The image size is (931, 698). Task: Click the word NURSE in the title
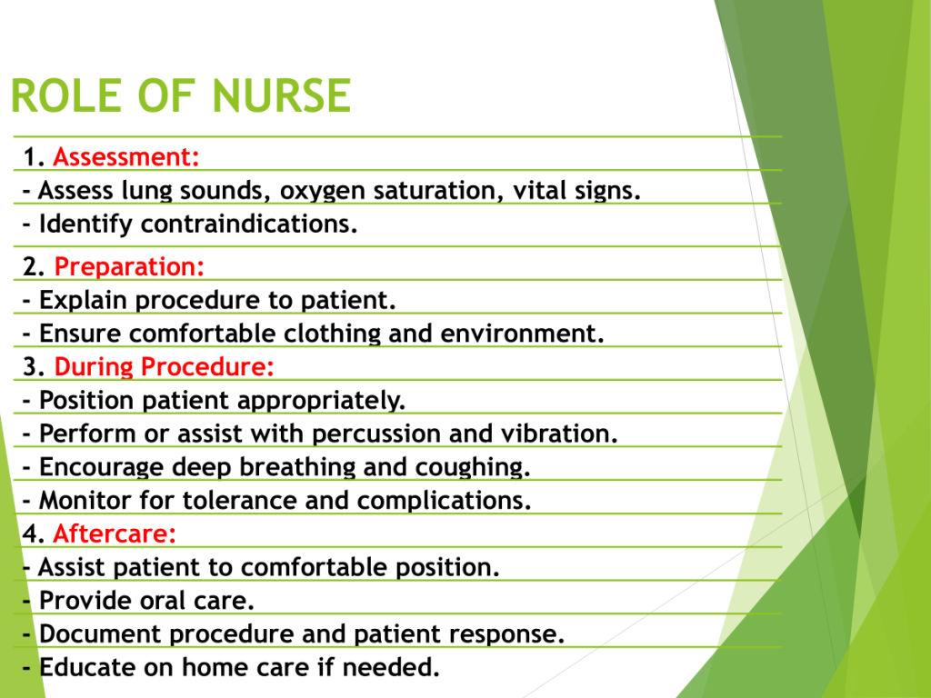click(282, 95)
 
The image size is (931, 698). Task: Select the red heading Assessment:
click(125, 157)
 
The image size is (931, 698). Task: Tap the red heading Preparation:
click(129, 267)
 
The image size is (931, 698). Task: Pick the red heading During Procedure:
click(164, 367)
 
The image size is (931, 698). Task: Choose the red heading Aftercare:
click(115, 533)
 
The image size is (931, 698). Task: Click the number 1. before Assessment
click(35, 157)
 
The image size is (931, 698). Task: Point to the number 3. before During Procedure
click(35, 367)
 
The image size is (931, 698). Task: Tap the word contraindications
click(249, 224)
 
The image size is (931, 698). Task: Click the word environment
click(522, 334)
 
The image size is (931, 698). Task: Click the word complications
click(444, 501)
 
